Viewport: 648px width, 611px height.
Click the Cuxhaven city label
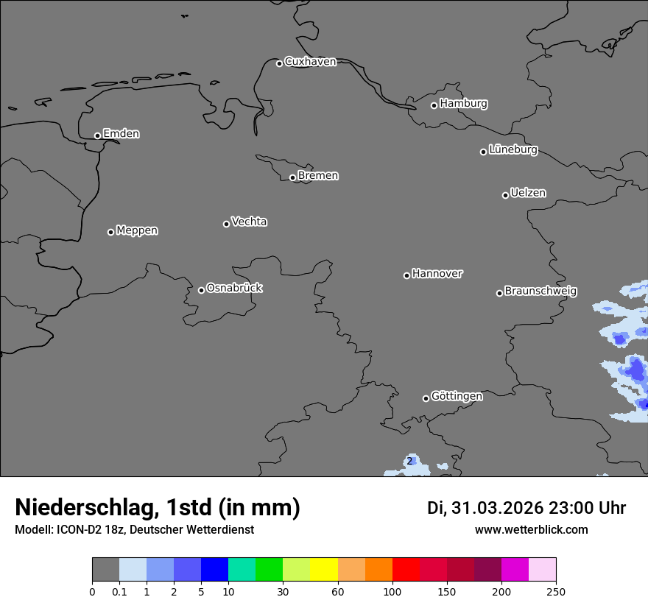point(310,62)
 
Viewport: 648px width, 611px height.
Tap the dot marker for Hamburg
point(434,105)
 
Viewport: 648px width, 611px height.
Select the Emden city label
point(121,134)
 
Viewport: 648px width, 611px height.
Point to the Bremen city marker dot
point(292,177)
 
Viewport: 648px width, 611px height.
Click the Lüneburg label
point(513,149)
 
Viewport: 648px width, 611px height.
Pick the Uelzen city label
point(528,193)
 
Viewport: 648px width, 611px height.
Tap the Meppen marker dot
point(110,232)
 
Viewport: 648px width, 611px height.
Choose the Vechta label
point(249,222)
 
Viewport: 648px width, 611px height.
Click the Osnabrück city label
point(234,288)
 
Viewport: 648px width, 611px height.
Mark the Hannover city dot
point(406,275)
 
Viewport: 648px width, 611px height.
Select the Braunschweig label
point(540,292)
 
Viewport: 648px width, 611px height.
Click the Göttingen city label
point(457,396)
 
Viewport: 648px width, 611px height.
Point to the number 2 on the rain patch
point(409,462)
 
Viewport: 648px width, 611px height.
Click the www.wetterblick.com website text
point(531,529)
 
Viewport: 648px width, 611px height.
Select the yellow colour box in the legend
point(324,570)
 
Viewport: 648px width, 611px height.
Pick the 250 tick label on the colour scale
point(556,590)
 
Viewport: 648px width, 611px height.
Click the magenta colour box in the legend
point(515,570)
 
